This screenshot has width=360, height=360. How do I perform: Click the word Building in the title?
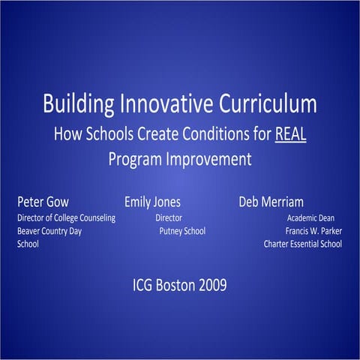(74, 104)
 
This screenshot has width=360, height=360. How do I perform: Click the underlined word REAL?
(291, 136)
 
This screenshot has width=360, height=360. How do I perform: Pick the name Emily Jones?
(152, 202)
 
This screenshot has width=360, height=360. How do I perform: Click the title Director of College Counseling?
(66, 217)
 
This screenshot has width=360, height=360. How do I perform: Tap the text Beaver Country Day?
(49, 231)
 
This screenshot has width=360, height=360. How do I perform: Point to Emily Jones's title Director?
(168, 217)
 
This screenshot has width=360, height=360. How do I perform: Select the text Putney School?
(182, 231)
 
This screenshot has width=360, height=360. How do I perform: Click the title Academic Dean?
(310, 217)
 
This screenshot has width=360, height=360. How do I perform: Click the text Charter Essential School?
(302, 244)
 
